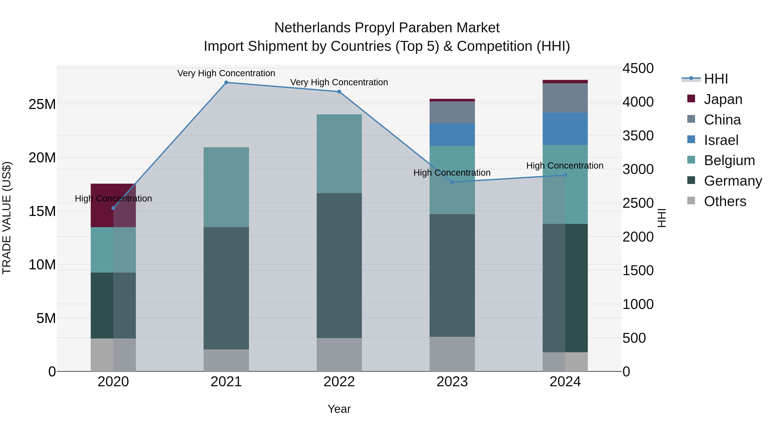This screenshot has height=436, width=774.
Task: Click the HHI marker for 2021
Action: coord(226,82)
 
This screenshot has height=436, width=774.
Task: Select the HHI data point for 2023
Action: coord(452,182)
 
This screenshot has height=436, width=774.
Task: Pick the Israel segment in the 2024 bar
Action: coord(565,129)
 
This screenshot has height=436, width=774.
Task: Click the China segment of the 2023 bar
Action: coord(452,112)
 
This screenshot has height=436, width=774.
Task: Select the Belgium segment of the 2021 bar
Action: coord(226,187)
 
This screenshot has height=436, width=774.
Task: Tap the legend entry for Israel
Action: coord(721,140)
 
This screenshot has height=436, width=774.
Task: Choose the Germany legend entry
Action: coord(733,181)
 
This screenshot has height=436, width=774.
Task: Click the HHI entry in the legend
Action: coord(716,79)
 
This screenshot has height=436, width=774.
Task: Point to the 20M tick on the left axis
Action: coord(42,158)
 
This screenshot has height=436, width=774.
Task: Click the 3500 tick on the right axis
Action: coord(638,136)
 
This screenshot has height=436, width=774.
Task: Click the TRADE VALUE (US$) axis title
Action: coord(7,218)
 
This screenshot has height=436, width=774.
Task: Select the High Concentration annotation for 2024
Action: coord(565,166)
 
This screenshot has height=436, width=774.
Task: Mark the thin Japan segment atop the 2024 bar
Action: coord(565,82)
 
